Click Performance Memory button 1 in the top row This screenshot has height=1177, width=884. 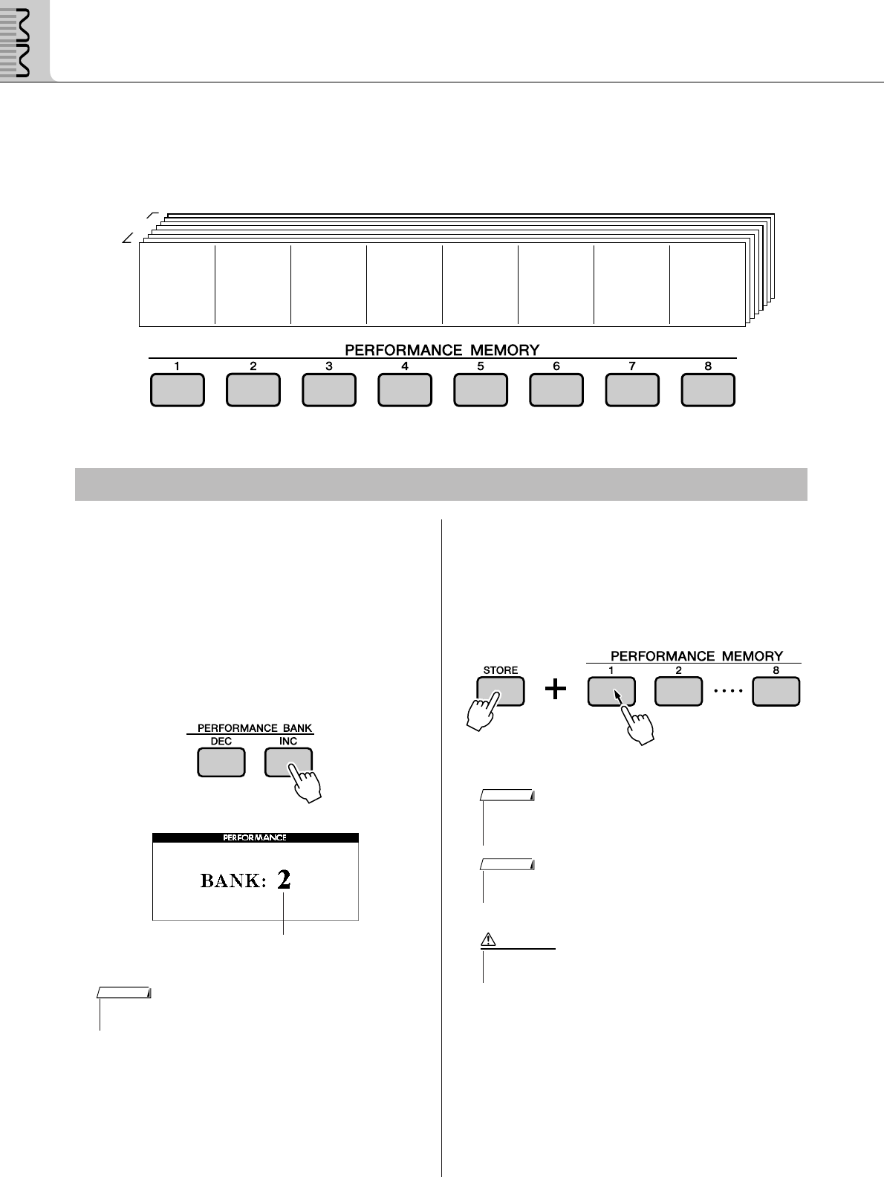177,390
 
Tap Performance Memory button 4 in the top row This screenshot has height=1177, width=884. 405,390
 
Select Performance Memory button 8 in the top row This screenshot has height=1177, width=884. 708,390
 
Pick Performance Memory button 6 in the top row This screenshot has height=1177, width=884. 556,390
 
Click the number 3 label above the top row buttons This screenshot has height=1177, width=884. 328,366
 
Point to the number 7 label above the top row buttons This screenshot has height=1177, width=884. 632,366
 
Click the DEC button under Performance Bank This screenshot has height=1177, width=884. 221,762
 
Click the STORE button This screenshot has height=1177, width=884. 501,690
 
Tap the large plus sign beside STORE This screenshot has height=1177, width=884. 555,690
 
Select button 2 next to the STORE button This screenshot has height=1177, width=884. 678,691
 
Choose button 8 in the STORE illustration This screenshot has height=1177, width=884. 776,691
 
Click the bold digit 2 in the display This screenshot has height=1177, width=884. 284,881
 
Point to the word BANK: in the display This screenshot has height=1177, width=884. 233,881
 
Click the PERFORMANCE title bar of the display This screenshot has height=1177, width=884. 256,837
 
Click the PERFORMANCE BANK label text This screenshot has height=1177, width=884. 255,728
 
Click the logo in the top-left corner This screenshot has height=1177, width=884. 25,40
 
